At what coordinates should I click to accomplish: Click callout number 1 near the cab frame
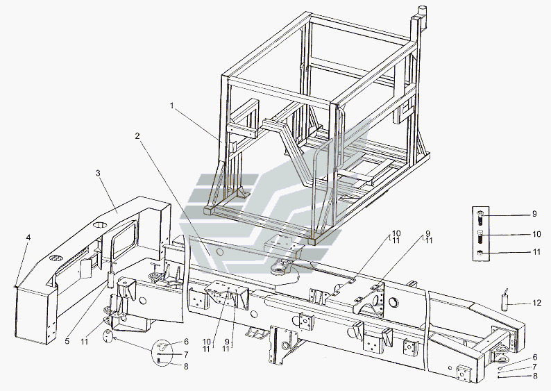click(172, 106)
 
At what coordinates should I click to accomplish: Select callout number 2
click(137, 135)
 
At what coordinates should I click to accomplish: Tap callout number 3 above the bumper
click(98, 173)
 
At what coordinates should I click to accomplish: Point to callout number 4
click(28, 238)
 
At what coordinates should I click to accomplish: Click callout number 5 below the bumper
click(67, 341)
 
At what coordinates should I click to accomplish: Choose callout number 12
click(537, 303)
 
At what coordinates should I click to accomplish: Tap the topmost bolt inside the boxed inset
click(480, 217)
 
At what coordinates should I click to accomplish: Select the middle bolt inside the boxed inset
click(481, 238)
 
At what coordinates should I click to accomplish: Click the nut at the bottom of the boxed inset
click(481, 253)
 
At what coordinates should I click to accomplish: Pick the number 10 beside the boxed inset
click(536, 234)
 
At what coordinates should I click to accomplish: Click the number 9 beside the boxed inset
click(534, 214)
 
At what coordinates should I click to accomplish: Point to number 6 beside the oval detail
click(186, 342)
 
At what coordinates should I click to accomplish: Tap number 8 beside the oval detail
click(186, 367)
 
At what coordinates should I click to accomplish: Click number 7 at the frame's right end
click(535, 367)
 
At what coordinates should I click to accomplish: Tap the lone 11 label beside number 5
click(85, 341)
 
